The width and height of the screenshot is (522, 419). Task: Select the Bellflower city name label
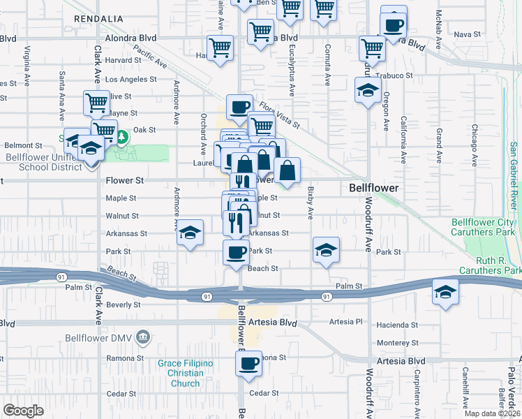[x=373, y=189]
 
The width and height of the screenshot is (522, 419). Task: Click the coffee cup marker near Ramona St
[x=248, y=363]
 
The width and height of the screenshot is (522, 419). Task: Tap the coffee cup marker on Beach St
[x=236, y=252]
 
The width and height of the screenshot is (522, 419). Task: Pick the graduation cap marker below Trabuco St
[x=368, y=91]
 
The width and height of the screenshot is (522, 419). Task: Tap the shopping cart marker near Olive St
[x=96, y=103]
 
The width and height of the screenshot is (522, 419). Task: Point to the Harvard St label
[x=124, y=60]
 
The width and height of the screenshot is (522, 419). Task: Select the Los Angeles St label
[x=130, y=79]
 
